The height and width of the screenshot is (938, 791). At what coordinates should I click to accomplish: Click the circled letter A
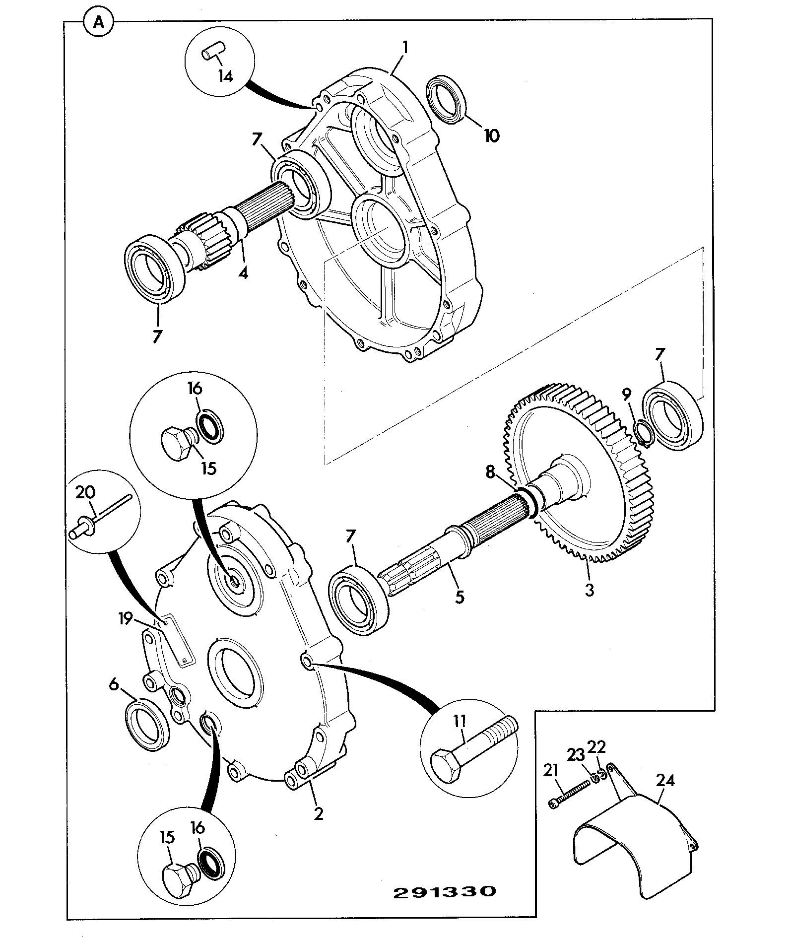pyautogui.click(x=99, y=23)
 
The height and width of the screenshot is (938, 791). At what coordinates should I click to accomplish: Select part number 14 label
pyautogui.click(x=225, y=77)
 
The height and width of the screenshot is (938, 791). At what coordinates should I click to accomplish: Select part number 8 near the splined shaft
pyautogui.click(x=491, y=472)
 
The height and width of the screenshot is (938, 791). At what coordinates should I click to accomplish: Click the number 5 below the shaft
pyautogui.click(x=459, y=597)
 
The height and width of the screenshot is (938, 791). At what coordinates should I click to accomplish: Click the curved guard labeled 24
pyautogui.click(x=636, y=825)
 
